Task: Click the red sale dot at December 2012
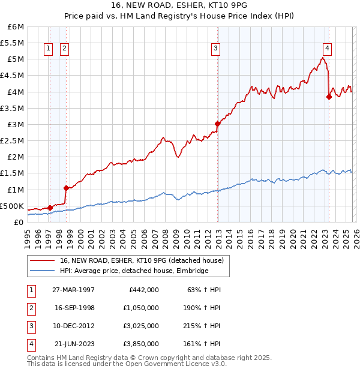pos(217,124)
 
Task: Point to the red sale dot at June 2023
pos(329,97)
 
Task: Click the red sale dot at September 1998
pos(66,188)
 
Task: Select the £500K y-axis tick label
pos(12,206)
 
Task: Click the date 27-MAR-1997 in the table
pos(73,290)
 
